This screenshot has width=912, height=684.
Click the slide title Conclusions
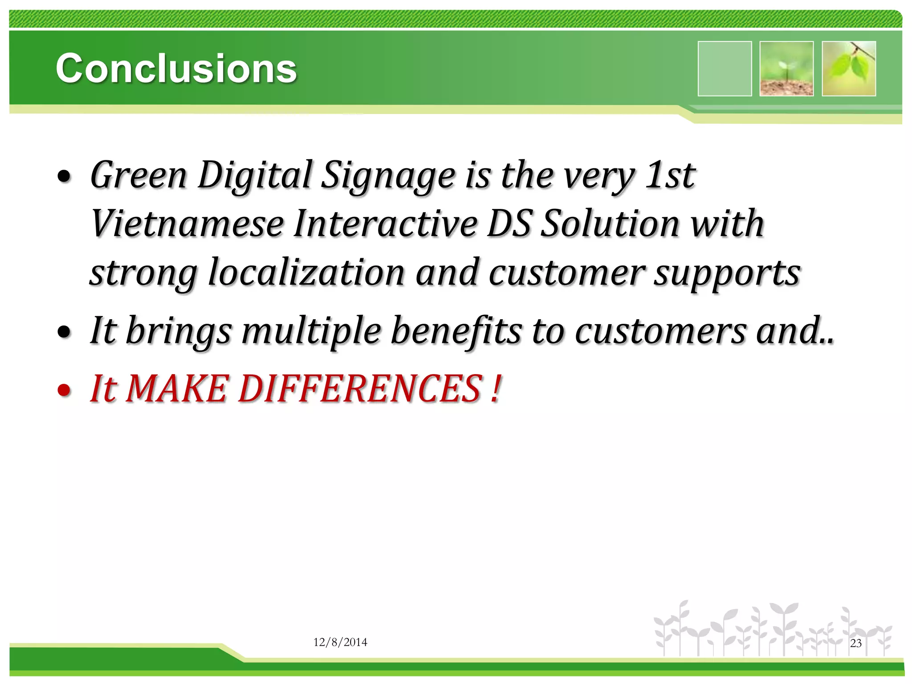(x=176, y=68)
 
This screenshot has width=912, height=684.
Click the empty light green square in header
(x=725, y=69)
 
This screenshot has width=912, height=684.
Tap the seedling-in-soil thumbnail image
(x=786, y=69)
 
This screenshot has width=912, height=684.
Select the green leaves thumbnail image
(x=849, y=69)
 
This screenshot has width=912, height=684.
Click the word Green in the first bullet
(x=138, y=175)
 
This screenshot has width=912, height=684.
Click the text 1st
(x=671, y=175)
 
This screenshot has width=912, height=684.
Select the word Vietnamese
(x=187, y=224)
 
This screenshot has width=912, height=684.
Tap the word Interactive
(x=386, y=224)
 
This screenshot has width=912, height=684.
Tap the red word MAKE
(x=178, y=389)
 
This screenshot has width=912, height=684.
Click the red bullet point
(x=65, y=390)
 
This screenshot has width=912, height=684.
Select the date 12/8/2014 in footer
(x=340, y=642)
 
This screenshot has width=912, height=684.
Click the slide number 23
(x=855, y=643)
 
